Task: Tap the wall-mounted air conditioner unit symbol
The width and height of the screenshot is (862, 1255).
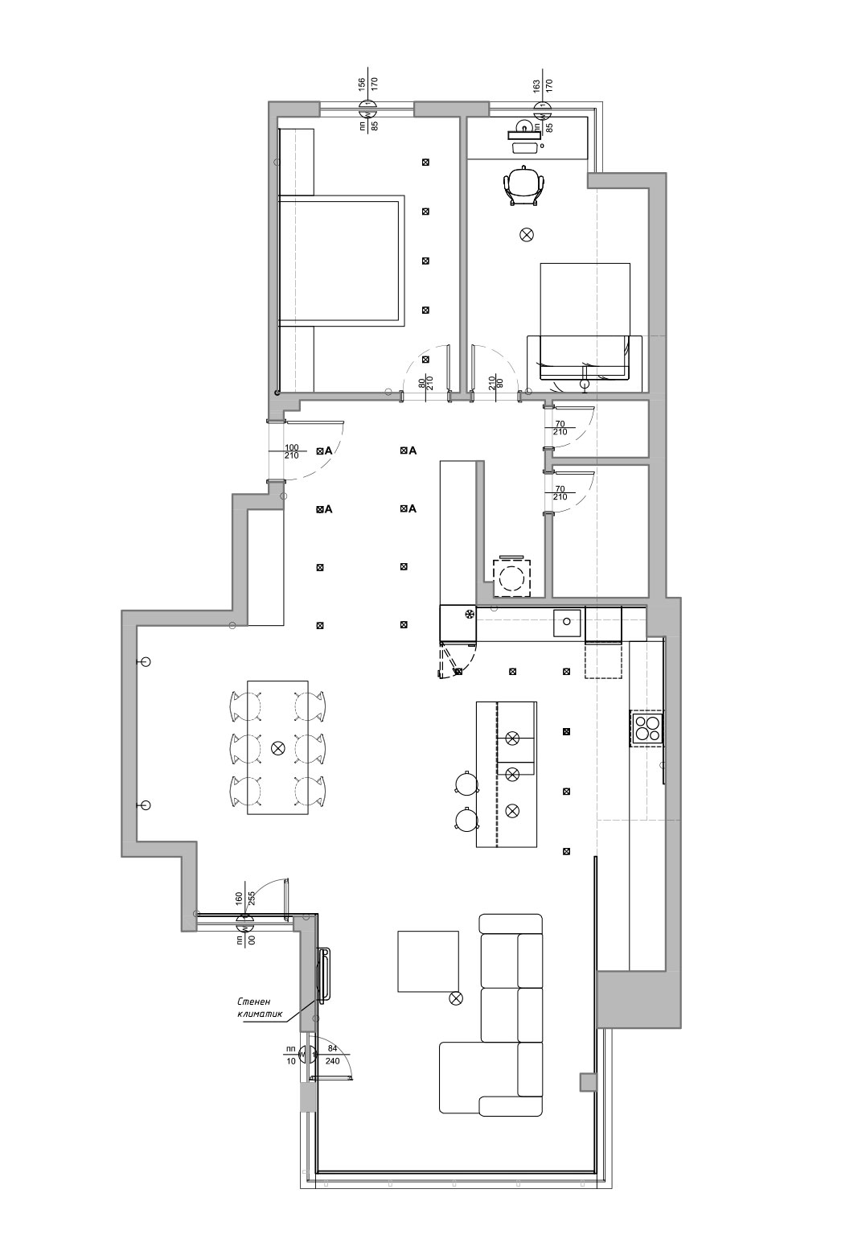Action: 324,974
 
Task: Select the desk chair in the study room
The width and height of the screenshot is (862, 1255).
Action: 524,184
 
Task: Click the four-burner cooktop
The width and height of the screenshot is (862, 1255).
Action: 647,728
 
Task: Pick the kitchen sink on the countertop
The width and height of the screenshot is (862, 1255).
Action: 567,621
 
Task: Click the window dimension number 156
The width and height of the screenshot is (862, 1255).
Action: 362,84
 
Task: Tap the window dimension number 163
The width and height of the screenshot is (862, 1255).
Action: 536,86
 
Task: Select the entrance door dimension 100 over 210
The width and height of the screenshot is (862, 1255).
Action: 292,451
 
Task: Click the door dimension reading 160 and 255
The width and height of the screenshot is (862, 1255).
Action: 244,899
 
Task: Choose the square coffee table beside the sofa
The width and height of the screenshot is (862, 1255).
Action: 428,961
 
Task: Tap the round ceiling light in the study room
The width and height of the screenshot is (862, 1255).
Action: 527,235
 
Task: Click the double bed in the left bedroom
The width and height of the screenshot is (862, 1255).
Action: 342,261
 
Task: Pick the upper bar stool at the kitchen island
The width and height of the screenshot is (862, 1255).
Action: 466,782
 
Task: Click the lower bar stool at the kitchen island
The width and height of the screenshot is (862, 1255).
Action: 466,818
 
